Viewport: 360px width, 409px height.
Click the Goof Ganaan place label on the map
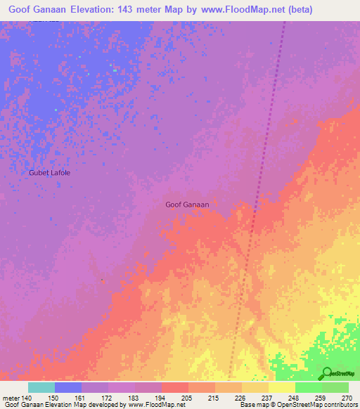click(x=187, y=204)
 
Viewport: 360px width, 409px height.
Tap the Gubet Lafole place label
click(x=49, y=172)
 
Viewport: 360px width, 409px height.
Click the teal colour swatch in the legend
click(x=41, y=387)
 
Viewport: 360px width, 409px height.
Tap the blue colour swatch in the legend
click(x=68, y=387)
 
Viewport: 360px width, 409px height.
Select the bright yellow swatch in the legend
click(x=282, y=387)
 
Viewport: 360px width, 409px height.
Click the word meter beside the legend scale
click(x=10, y=398)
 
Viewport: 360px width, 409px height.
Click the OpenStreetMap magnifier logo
click(x=328, y=372)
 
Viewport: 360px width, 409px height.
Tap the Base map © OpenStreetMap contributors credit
click(x=297, y=405)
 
